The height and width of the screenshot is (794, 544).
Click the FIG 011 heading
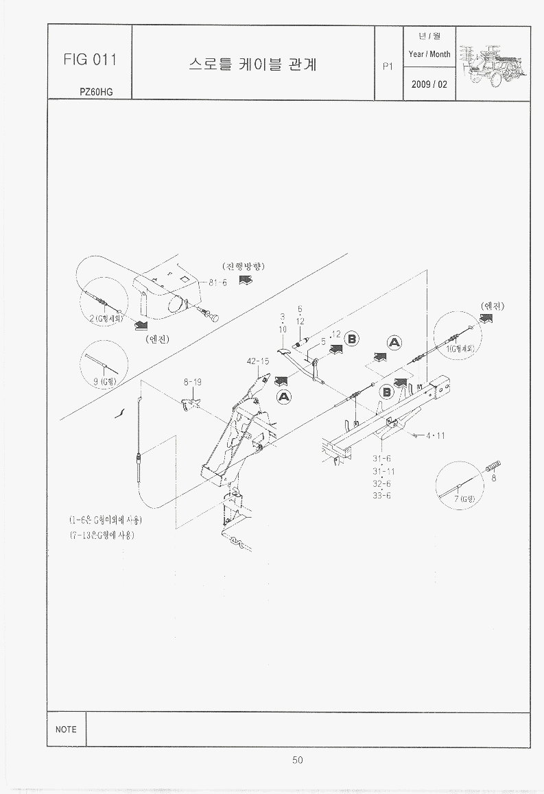[89, 60]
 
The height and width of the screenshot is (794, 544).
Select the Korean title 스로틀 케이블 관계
[252, 65]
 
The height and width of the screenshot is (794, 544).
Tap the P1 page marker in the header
[388, 67]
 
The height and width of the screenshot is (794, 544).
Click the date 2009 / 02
[429, 85]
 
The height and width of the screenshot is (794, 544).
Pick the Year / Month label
[429, 54]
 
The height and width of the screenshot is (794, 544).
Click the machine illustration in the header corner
[492, 62]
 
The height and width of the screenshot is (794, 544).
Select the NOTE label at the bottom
[66, 730]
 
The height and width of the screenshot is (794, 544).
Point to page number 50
[297, 760]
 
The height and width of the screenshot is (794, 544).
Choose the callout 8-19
[193, 382]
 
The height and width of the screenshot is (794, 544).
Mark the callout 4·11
[436, 435]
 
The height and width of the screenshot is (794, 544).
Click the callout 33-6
[381, 495]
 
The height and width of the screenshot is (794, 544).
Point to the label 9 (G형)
[106, 381]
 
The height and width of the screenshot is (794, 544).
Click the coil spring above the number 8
[493, 466]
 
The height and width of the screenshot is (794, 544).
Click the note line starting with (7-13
[101, 535]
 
